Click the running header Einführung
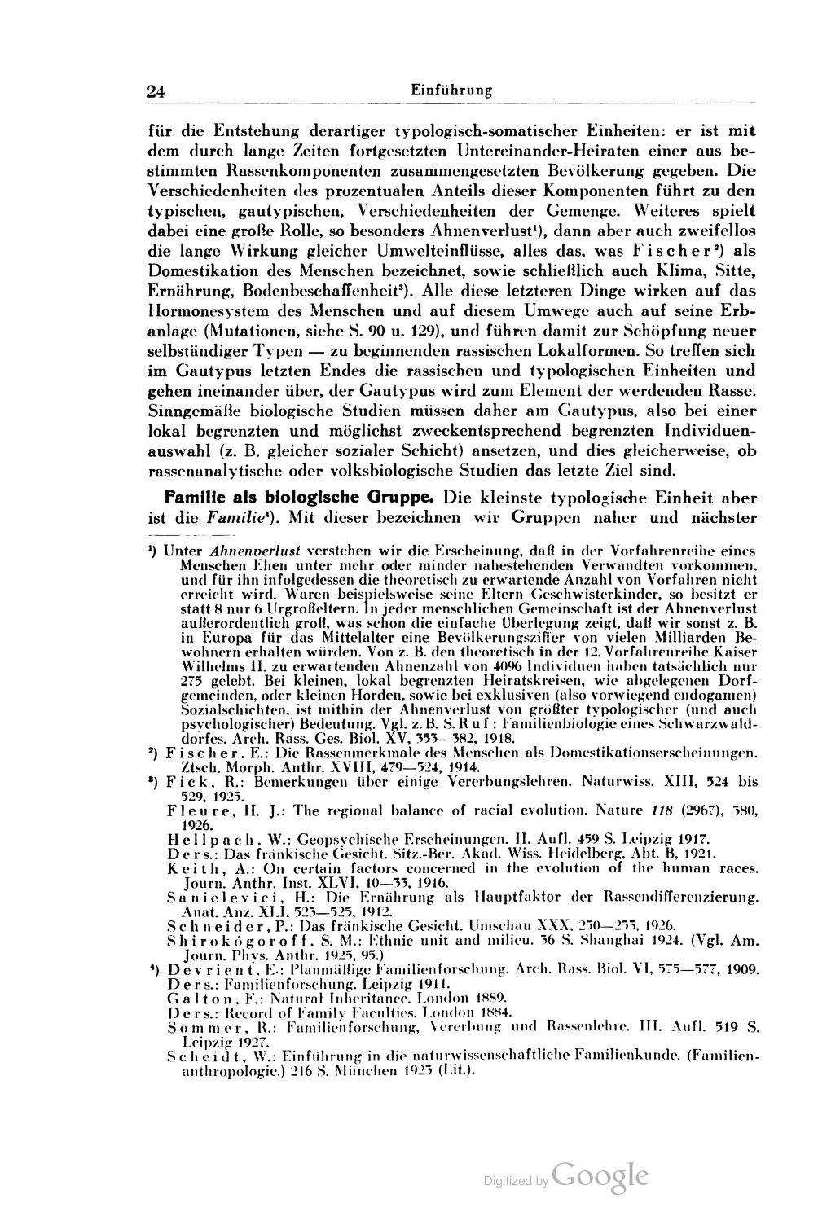point(452,90)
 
